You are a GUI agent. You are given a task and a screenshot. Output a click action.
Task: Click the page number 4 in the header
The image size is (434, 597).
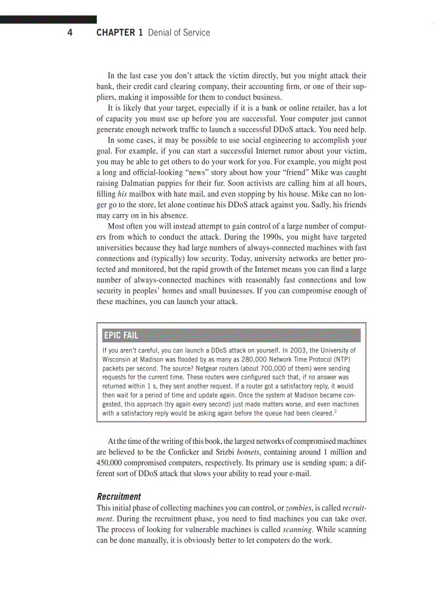coord(70,33)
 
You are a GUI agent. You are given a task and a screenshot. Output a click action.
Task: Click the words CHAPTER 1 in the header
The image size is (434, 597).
coord(120,33)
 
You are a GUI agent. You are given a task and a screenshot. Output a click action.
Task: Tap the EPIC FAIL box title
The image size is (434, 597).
coord(121,335)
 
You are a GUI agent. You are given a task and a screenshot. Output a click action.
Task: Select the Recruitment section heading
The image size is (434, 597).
coord(119,497)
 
